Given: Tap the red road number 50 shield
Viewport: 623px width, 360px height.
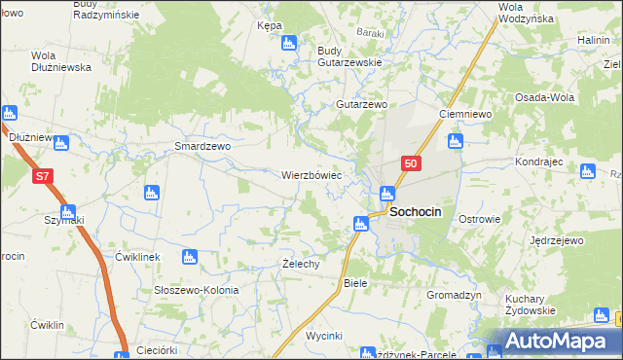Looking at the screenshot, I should click(x=411, y=164).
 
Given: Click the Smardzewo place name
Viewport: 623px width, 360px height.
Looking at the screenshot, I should click(x=202, y=146).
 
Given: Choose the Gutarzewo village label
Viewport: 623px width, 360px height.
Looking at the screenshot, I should click(x=362, y=104).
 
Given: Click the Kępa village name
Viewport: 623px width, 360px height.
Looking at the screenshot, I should click(x=270, y=25).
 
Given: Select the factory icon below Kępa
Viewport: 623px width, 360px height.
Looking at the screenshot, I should click(x=288, y=43).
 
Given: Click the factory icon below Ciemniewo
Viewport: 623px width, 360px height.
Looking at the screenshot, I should click(x=455, y=141).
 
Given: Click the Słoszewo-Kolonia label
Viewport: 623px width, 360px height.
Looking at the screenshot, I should click(x=197, y=290).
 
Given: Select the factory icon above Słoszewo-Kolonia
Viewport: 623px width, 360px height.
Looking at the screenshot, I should click(x=190, y=257).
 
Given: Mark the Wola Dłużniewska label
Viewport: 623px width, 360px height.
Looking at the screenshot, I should click(x=61, y=61).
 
